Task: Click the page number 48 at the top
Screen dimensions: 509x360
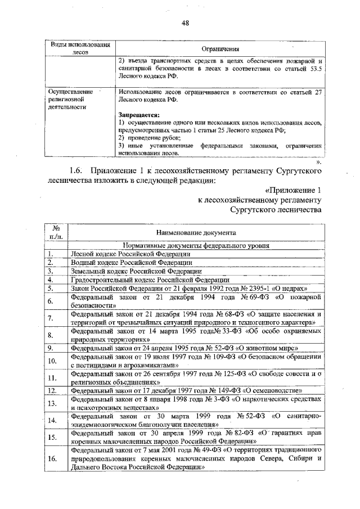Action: click(186, 22)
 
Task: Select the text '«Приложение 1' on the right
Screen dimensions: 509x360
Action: click(292, 190)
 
